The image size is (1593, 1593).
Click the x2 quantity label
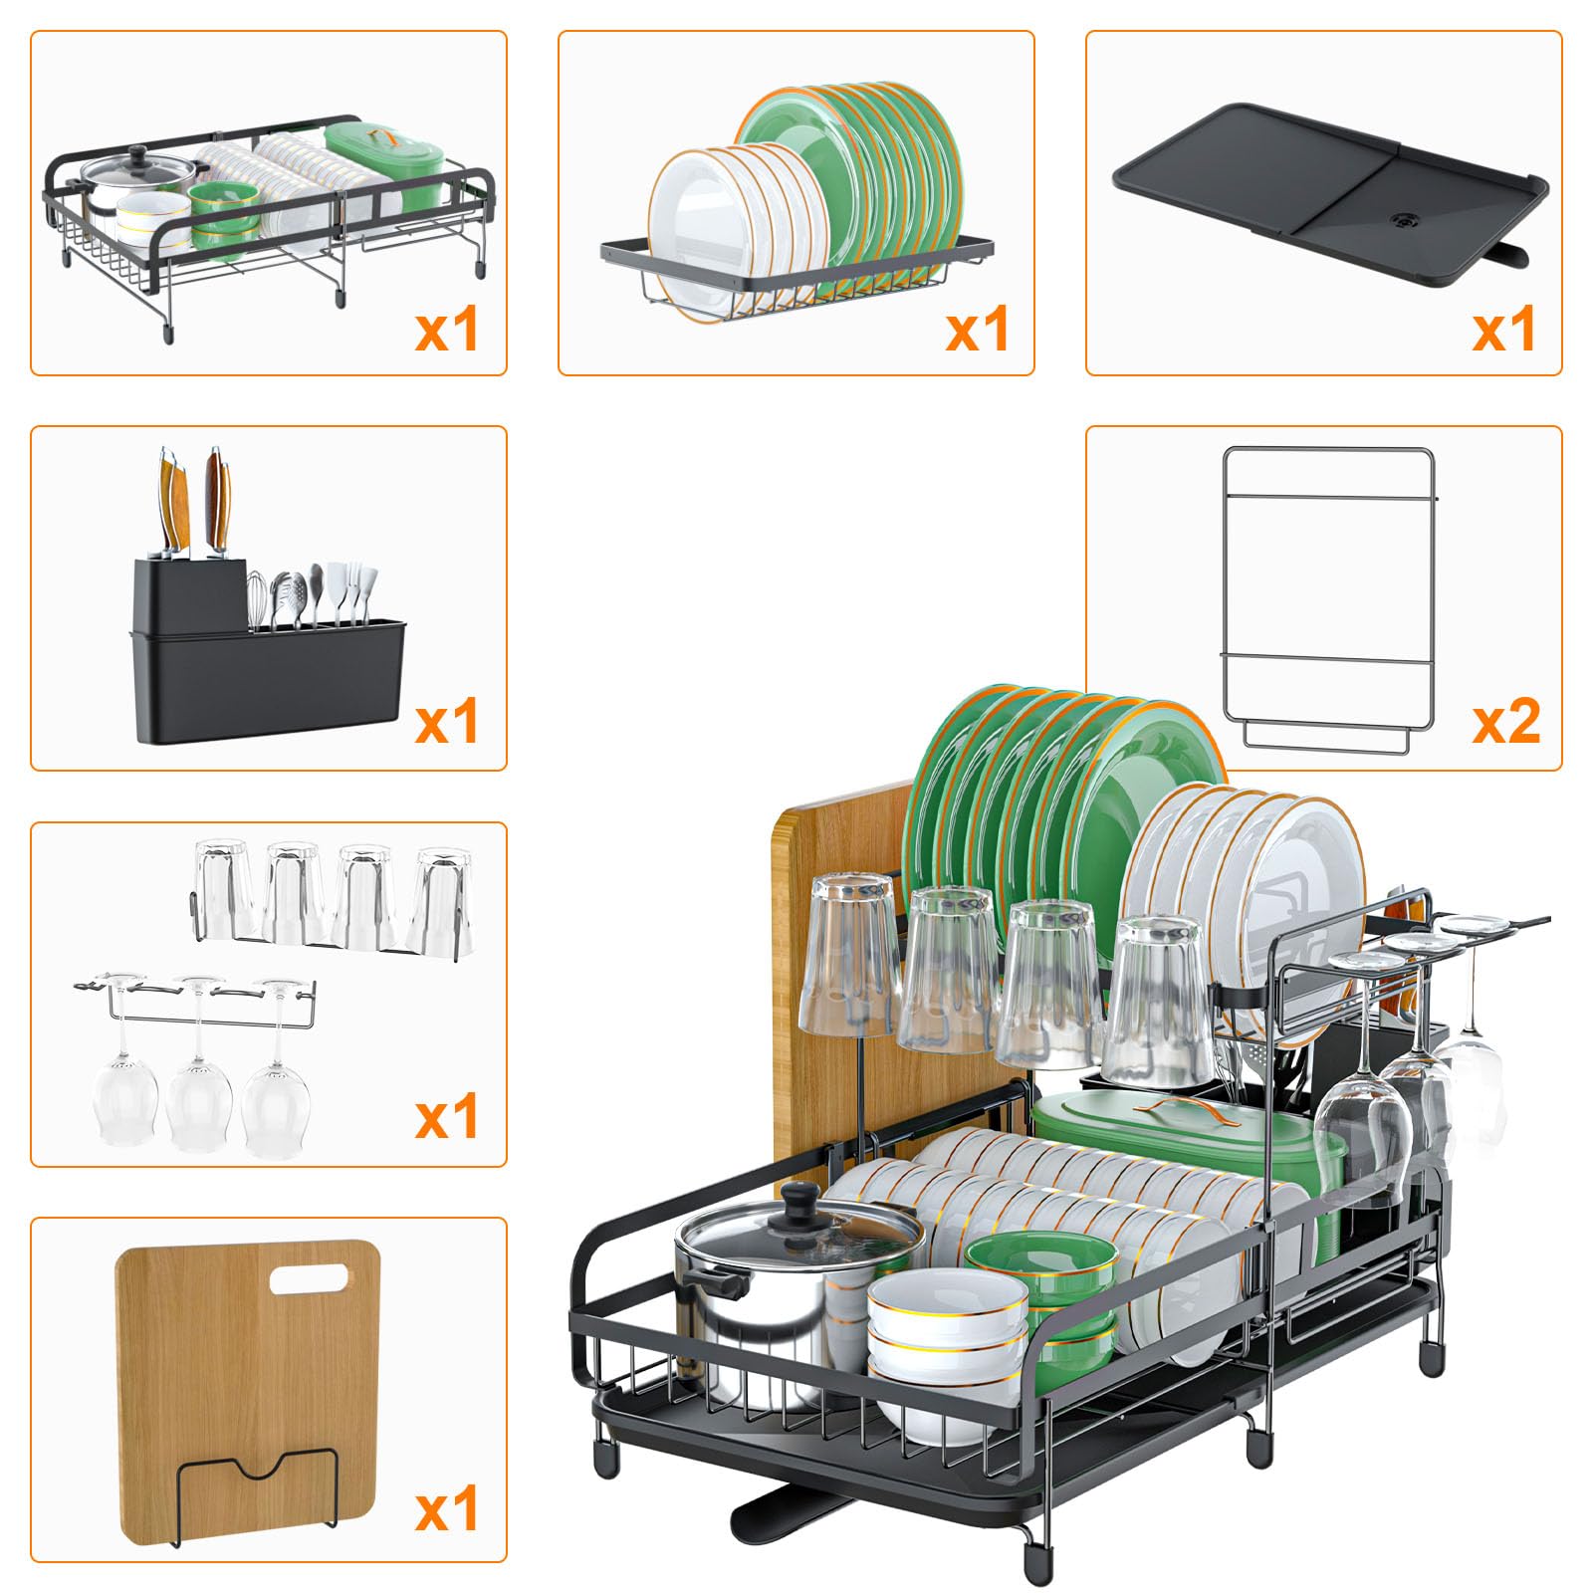[1506, 721]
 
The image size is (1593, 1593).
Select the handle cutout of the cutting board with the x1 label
[310, 1279]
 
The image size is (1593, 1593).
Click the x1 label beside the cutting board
[447, 1509]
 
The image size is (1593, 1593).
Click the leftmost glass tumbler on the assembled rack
[851, 956]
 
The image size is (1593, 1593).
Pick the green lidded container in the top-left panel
[384, 165]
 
